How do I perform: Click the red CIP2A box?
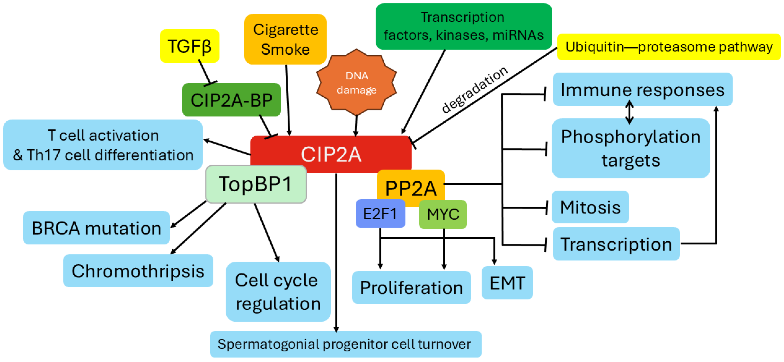331,154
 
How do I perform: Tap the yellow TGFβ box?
189,46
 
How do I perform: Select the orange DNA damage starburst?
356,83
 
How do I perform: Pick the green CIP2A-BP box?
231,100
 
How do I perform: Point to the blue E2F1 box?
380,214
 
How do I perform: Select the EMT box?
507,283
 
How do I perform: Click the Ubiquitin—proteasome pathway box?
669,47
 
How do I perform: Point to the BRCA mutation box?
96,228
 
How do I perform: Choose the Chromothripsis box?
138,271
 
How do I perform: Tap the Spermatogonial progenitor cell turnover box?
345,344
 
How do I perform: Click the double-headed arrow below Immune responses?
629,112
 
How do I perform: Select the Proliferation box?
411,287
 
